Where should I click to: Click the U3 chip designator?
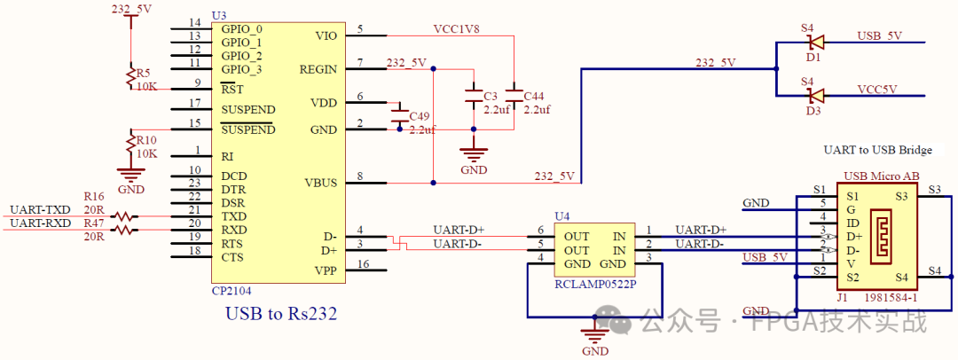(x=219, y=16)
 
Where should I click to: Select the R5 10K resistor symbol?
(x=130, y=74)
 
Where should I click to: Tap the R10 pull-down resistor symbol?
(x=130, y=142)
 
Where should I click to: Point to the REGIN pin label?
(x=318, y=68)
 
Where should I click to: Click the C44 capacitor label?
(x=534, y=96)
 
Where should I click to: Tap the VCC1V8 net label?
(x=457, y=29)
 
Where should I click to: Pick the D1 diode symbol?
(x=814, y=42)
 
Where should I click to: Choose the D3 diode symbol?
(x=814, y=95)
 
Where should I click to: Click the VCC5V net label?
(x=877, y=89)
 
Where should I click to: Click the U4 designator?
(x=562, y=215)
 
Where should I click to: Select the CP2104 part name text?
(x=232, y=290)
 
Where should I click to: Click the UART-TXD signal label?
(x=41, y=209)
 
